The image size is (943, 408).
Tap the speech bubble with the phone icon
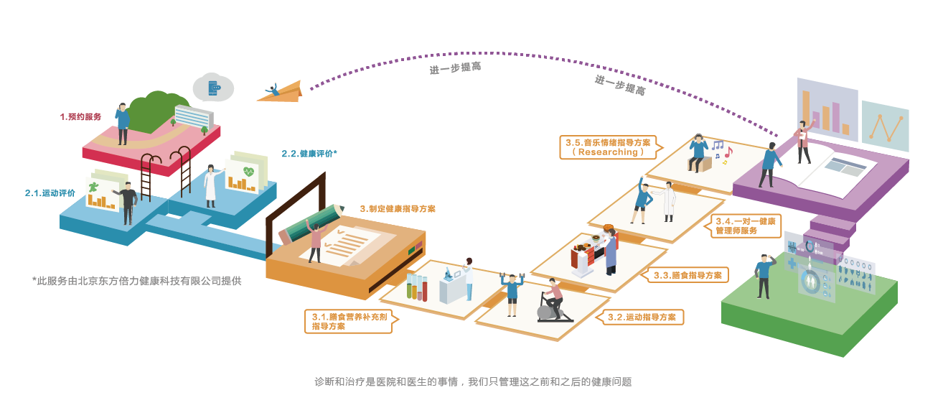pos(213,88)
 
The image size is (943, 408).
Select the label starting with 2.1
pos(50,193)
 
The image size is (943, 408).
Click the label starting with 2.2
pos(309,154)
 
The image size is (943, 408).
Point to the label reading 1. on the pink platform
pos(80,116)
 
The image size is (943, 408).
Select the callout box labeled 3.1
pos(349,320)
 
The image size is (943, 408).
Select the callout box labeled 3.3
pos(689,274)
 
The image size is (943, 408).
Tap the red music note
pos(728,152)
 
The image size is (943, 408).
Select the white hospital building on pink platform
pos(194,116)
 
